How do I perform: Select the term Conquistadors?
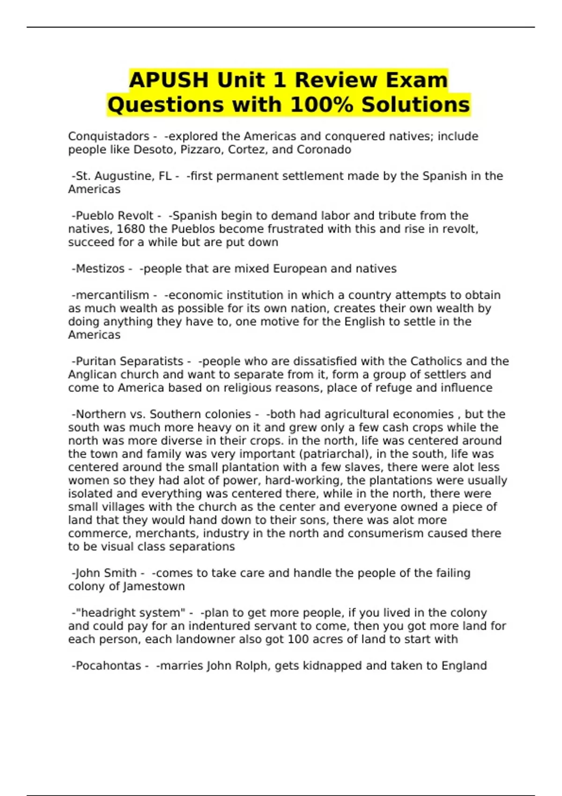(x=109, y=136)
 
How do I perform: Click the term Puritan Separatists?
(x=129, y=361)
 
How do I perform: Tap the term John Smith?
(x=106, y=573)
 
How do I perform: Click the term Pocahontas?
(x=108, y=666)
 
